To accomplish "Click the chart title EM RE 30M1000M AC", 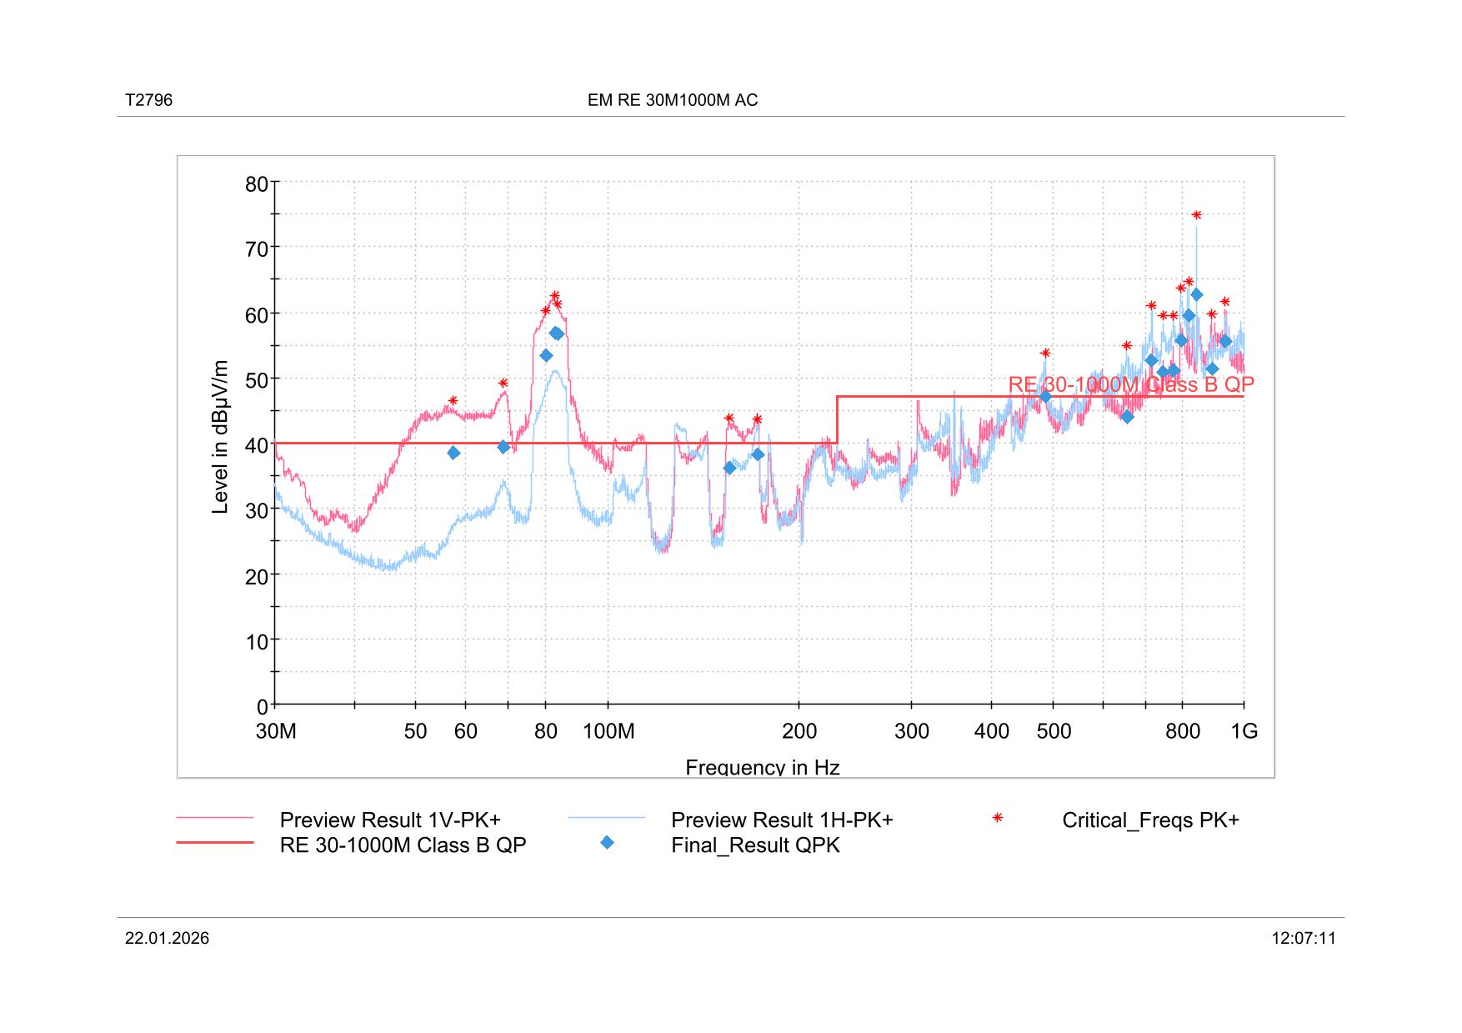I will (x=672, y=101).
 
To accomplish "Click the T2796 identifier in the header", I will (x=148, y=101).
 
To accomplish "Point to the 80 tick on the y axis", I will (x=257, y=184).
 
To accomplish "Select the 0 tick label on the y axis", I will (x=263, y=707).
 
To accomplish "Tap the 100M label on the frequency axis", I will (x=608, y=732).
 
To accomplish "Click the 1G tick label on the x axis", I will (x=1244, y=732).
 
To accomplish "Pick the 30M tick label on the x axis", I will (x=276, y=732).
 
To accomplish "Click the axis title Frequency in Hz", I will (x=762, y=767).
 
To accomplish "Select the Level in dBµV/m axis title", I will (x=220, y=437).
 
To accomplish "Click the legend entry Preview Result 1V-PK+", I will (x=389, y=820).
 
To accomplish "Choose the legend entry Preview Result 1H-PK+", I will (x=781, y=820).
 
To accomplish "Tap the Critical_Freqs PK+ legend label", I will (x=1149, y=820).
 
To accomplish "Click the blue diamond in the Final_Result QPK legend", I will (x=607, y=843).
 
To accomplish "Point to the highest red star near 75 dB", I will (x=1196, y=215).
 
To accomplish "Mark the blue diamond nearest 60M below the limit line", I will (x=453, y=453).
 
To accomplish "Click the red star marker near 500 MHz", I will (x=1045, y=353).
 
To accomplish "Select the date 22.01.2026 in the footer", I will (x=167, y=939).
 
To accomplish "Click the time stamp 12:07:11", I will (x=1303, y=939).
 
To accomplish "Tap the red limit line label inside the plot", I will (x=1130, y=384).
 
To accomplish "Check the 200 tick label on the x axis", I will (x=799, y=732).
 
